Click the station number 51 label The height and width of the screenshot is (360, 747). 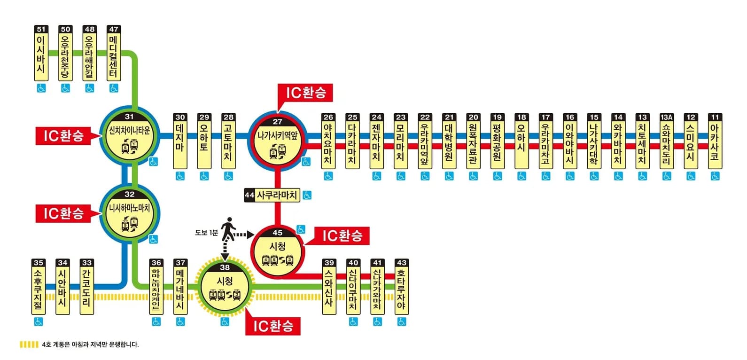pyautogui.click(x=41, y=29)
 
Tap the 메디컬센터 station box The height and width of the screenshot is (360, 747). pyautogui.click(x=114, y=56)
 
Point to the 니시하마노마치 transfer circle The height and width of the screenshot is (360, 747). pyautogui.click(x=129, y=213)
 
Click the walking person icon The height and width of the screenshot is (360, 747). pyautogui.click(x=228, y=228)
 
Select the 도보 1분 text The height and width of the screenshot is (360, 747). pyautogui.click(x=206, y=233)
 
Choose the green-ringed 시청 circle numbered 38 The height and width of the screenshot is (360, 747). pyautogui.click(x=225, y=287)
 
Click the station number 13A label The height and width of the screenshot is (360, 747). pyautogui.click(x=666, y=117)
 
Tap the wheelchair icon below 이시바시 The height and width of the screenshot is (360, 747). pyautogui.click(x=41, y=88)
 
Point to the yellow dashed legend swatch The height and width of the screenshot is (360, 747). pyautogui.click(x=29, y=344)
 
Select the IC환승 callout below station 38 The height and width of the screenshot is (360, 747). pyautogui.click(x=272, y=326)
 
